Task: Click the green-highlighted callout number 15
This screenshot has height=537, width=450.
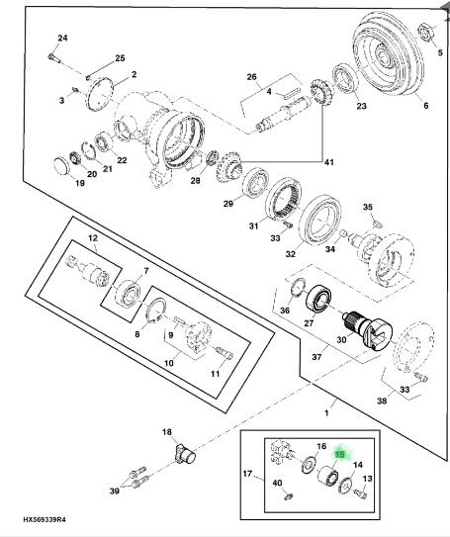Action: point(340,455)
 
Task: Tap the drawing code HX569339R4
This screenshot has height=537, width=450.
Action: point(45,520)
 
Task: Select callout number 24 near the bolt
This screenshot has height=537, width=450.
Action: point(62,38)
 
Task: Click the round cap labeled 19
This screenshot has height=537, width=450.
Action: point(61,166)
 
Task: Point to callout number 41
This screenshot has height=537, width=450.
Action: point(328,162)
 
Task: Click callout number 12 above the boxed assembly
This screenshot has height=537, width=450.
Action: point(93,238)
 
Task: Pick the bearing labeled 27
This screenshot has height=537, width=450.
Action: point(318,298)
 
